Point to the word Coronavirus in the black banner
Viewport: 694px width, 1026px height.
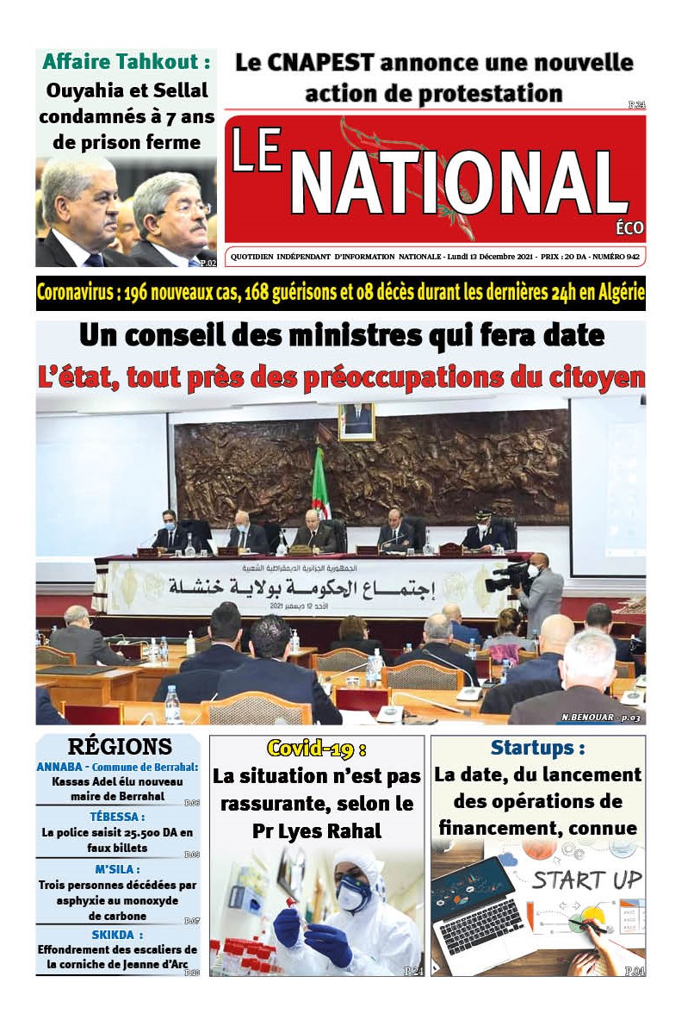76,293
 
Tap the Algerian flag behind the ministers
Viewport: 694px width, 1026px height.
320,482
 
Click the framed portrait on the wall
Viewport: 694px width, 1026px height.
356,421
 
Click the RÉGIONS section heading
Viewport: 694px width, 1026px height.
120,746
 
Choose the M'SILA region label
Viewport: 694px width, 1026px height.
117,869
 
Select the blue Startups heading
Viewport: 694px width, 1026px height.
537,747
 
